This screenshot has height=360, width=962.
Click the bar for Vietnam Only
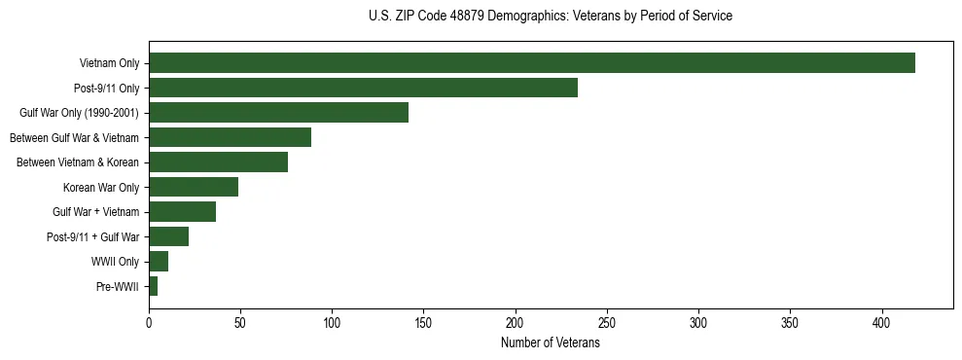(x=531, y=63)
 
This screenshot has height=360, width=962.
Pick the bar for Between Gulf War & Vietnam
(x=230, y=137)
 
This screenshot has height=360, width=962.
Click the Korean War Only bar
(x=194, y=187)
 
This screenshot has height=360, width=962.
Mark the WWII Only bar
(x=159, y=262)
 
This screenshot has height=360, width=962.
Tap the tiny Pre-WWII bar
(x=153, y=286)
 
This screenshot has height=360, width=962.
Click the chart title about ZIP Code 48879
(x=551, y=17)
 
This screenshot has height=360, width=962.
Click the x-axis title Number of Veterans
(x=550, y=343)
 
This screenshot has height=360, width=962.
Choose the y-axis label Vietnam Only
(x=109, y=64)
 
